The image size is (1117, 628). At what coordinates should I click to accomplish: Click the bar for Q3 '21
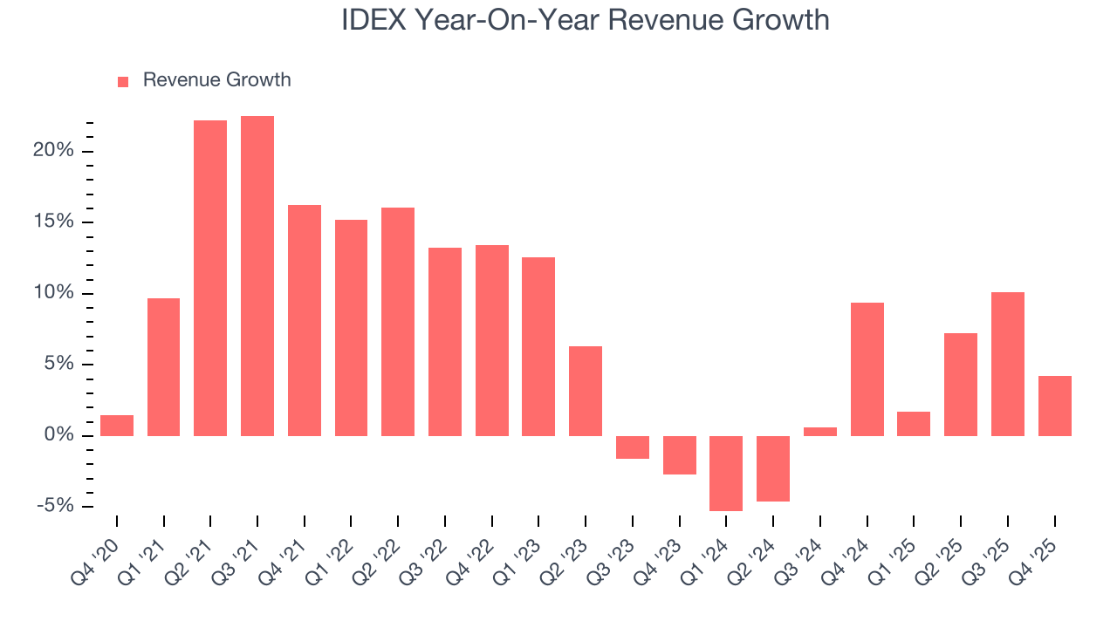(257, 276)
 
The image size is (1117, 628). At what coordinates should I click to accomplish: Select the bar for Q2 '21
(210, 278)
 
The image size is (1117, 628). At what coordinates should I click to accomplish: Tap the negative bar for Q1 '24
(726, 473)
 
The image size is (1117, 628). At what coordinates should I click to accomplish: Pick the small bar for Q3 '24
(820, 431)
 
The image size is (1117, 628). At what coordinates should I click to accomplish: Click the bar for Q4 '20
(117, 426)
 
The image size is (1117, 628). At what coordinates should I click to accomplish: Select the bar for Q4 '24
(867, 369)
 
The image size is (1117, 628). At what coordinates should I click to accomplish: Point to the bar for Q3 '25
(1008, 364)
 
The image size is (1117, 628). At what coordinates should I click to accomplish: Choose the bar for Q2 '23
(586, 391)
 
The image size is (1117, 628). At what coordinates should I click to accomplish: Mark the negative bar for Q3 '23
(633, 447)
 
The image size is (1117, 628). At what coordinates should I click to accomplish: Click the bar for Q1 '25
(914, 424)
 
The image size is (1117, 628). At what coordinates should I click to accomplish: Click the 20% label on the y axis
(54, 151)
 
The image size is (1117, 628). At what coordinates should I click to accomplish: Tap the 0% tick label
(59, 435)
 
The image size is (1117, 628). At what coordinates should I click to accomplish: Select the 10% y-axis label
(54, 293)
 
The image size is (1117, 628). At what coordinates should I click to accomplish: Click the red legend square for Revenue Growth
(123, 81)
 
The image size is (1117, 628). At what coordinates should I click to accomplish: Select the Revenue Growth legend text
(216, 80)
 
